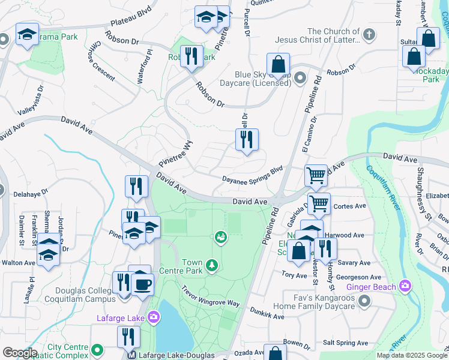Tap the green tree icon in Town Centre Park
[x=211, y=265]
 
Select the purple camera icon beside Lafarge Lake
[x=154, y=316]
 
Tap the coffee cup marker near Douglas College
[x=143, y=284]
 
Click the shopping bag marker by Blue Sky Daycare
[x=279, y=64]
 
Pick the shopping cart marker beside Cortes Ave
[x=319, y=203]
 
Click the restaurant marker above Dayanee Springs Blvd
[x=247, y=140]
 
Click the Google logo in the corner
[x=19, y=353]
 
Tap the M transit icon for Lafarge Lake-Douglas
[x=133, y=355]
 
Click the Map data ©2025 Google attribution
[x=411, y=355]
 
